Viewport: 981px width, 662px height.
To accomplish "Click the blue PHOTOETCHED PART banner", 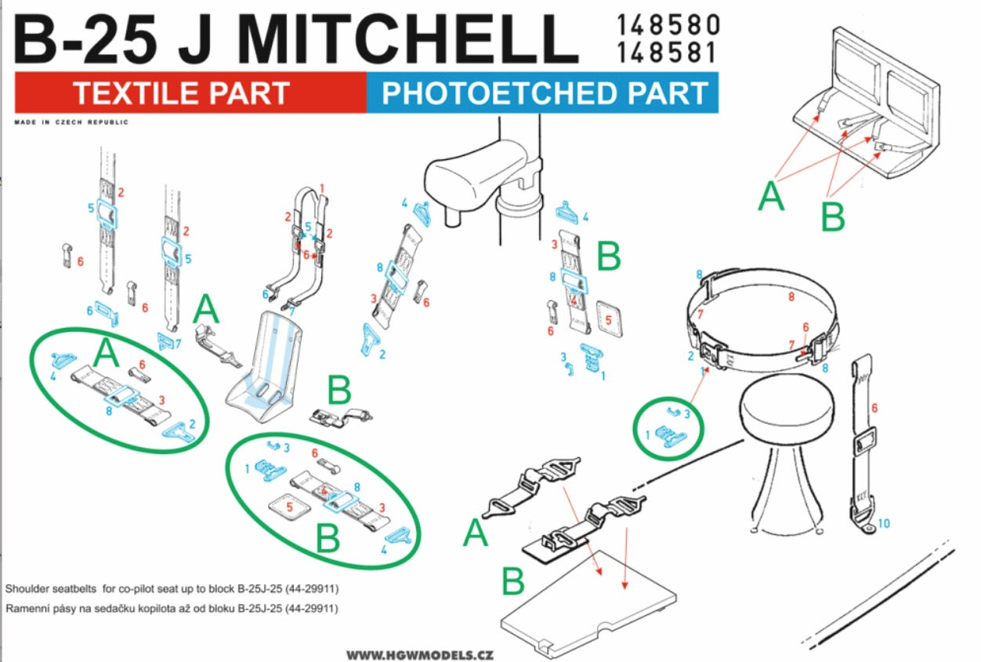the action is [543, 93].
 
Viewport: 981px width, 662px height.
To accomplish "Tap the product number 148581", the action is [667, 53].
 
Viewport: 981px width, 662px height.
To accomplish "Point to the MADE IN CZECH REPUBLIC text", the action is [71, 122].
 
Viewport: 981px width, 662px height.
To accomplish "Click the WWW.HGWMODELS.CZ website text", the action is [420, 654].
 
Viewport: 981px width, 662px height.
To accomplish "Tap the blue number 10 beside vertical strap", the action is [884, 522].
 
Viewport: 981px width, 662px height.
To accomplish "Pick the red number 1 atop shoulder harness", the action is [321, 188].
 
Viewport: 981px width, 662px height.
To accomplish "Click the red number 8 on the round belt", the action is [791, 297].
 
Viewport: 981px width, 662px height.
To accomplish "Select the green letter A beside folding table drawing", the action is [771, 195].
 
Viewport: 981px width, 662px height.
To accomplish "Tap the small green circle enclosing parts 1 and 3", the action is [668, 428].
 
